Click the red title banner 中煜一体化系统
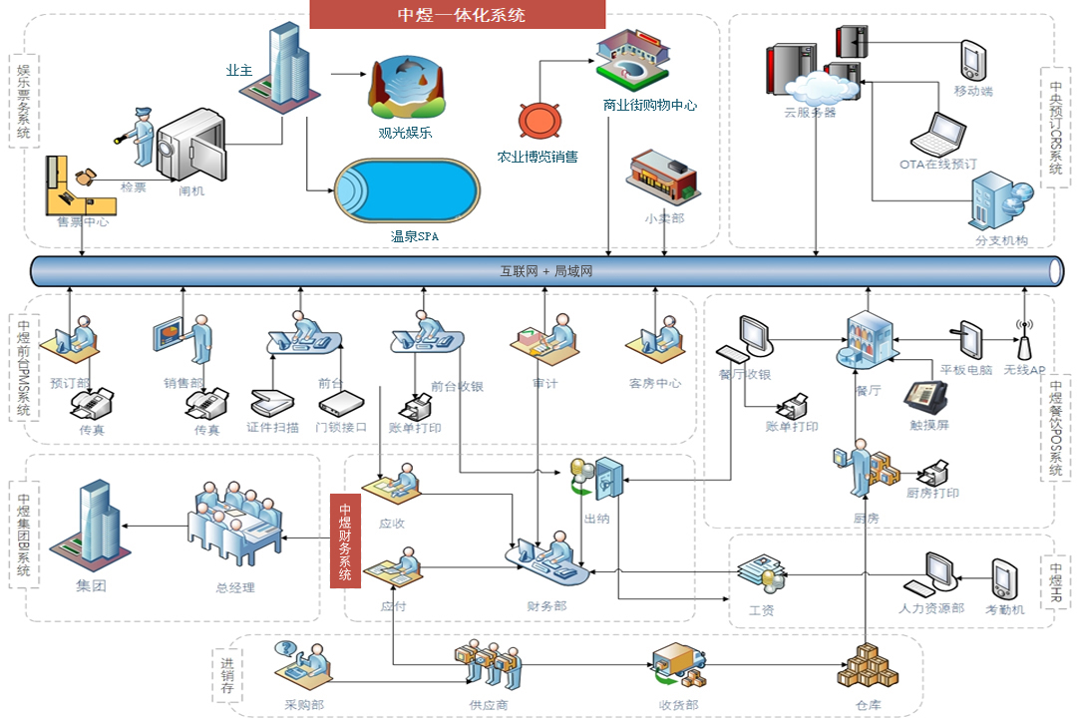[x=458, y=14]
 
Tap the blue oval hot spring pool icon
[x=406, y=192]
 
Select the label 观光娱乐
[x=405, y=132]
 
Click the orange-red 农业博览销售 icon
[x=538, y=120]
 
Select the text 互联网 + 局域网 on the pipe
[x=545, y=270]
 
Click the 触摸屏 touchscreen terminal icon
[x=924, y=398]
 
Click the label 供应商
[x=489, y=705]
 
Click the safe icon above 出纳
[x=607, y=479]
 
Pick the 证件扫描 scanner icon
[x=271, y=401]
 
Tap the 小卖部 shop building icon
[x=661, y=179]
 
